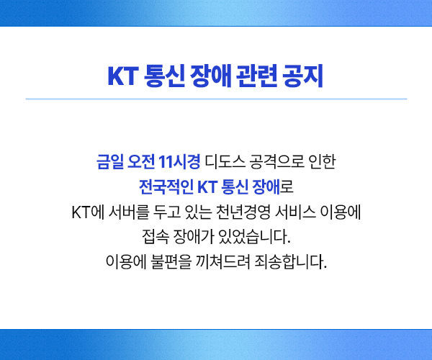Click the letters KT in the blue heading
123,76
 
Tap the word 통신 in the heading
164,76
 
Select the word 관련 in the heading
256,76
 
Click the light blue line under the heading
216,99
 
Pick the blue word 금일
110,161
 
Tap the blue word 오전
141,161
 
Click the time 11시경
179,161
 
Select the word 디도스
225,161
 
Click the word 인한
322,161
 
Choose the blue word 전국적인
166,187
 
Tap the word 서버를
129,212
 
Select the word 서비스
295,212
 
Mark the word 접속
156,237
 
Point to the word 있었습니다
254,237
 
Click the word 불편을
171,261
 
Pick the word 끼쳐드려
223,261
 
